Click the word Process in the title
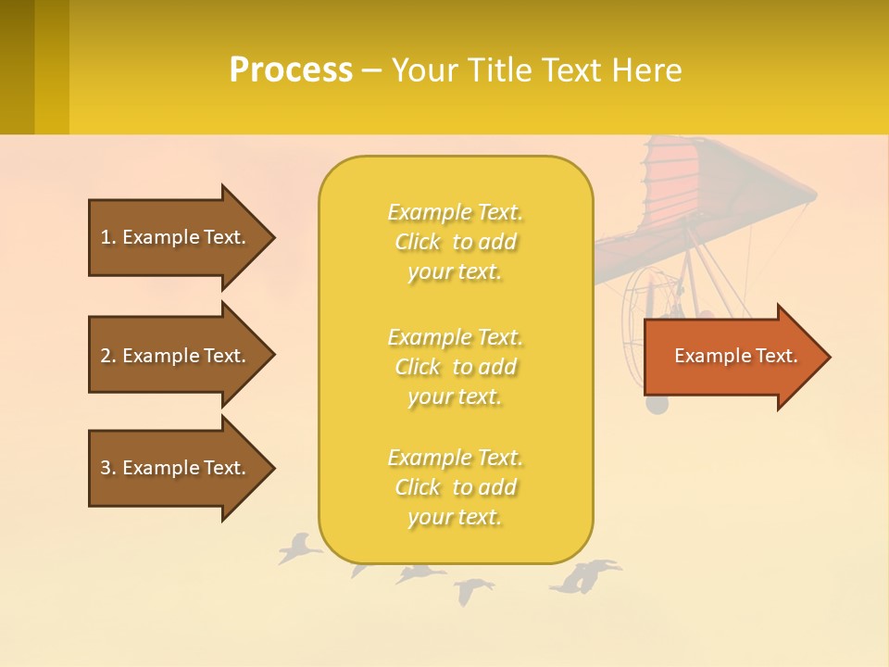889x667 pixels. tap(291, 70)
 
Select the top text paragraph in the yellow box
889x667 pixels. tap(455, 242)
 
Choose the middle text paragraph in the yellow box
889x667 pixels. tap(455, 367)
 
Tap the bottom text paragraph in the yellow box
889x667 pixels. tap(455, 487)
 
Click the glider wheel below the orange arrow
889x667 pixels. tap(656, 405)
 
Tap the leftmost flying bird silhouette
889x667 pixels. tap(298, 548)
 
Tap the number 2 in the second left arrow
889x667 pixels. tap(106, 356)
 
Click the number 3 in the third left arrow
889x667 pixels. tap(106, 468)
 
